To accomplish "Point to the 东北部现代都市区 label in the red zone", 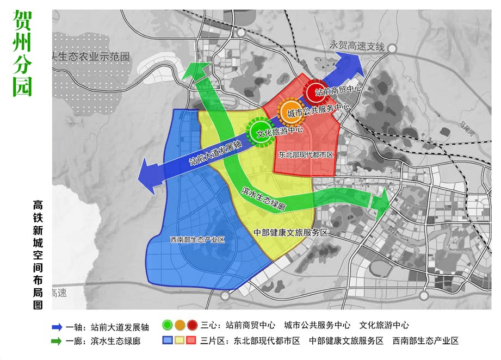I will click(x=305, y=154).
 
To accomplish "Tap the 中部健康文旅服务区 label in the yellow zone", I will click(x=291, y=232).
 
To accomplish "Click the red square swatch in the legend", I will click(x=191, y=341).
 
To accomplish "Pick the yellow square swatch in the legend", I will click(x=180, y=341).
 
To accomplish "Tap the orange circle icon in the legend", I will click(x=180, y=326).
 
